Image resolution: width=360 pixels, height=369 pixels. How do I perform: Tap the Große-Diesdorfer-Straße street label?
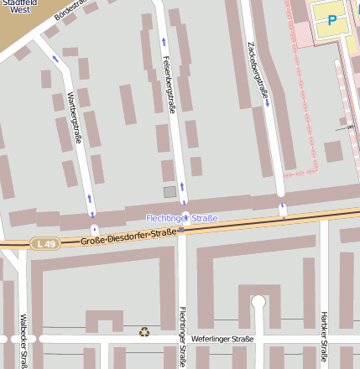(129, 236)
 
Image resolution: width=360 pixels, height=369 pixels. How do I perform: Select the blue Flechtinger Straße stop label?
(182, 218)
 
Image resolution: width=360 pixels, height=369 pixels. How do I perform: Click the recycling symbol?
(144, 332)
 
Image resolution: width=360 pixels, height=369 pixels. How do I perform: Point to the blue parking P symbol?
(331, 20)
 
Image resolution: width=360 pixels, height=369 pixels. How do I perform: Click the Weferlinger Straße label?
(222, 339)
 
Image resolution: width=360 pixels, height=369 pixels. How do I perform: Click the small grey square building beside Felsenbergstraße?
(170, 192)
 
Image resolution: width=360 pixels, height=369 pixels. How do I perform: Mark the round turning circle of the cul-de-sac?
(258, 302)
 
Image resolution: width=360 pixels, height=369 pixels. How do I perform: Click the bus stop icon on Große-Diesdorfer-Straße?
(181, 229)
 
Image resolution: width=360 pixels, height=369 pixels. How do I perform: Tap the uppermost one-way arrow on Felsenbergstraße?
(163, 40)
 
